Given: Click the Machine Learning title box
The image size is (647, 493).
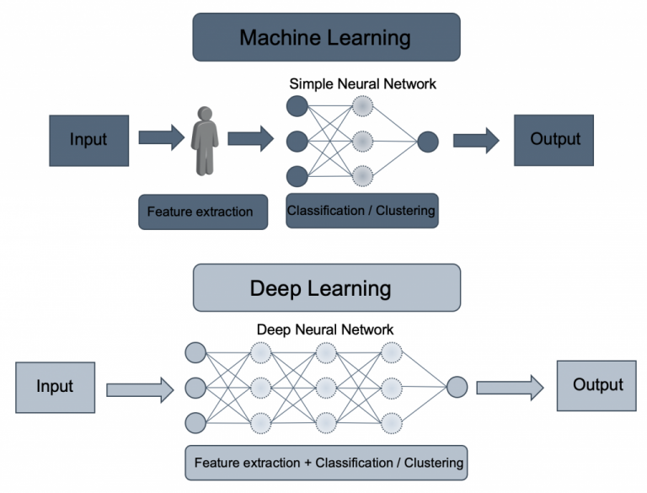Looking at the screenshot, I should click(x=326, y=37).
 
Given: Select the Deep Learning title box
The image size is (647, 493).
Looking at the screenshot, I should click(x=326, y=287).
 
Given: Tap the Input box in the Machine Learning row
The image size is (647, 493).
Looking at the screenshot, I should click(x=88, y=140).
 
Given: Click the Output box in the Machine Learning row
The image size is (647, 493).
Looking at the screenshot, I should click(x=554, y=140).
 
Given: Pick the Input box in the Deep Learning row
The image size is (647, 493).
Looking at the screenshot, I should click(x=55, y=386).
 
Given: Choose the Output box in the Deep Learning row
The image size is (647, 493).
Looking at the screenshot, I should click(x=598, y=385).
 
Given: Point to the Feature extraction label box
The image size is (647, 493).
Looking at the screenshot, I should click(x=200, y=212).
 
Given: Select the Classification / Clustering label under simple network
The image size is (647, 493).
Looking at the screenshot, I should click(x=361, y=210).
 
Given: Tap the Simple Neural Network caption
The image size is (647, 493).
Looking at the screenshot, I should click(x=363, y=84).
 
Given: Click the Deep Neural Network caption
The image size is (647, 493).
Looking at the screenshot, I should click(x=325, y=330).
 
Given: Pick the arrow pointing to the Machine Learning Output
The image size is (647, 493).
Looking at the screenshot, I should click(x=476, y=140).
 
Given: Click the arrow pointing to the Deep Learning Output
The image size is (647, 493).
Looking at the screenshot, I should click(x=510, y=388).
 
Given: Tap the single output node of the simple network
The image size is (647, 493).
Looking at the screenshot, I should click(x=428, y=142).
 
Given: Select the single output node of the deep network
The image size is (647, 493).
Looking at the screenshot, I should click(x=457, y=387).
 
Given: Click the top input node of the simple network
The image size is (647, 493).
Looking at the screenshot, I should click(x=297, y=106).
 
